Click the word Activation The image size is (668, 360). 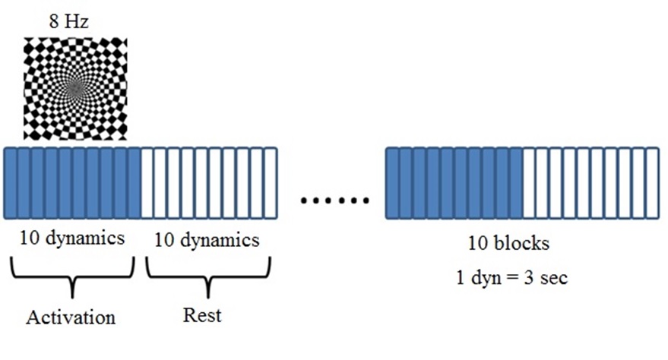click(x=71, y=316)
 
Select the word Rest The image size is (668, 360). click(x=202, y=314)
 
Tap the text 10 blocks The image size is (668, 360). click(x=508, y=245)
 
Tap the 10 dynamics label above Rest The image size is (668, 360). click(x=207, y=240)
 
